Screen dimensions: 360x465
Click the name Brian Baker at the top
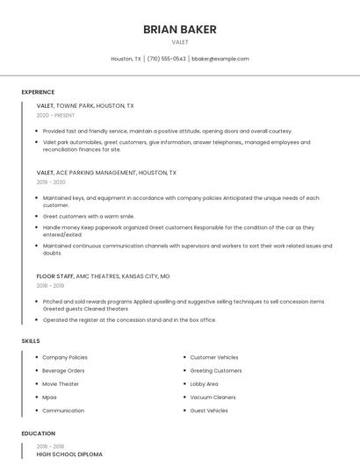(x=180, y=30)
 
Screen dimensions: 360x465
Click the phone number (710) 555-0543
(x=166, y=59)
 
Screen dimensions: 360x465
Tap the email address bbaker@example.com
(x=220, y=59)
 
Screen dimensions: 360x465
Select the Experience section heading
(x=38, y=92)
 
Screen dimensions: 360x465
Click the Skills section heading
(x=31, y=340)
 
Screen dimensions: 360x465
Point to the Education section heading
(x=39, y=433)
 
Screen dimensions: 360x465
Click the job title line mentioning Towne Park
(x=85, y=105)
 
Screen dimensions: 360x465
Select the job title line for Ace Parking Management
(x=106, y=173)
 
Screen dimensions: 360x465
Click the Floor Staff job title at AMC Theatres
(x=103, y=275)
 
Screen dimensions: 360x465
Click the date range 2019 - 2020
(x=51, y=182)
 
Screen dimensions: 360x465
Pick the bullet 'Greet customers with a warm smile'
(x=89, y=216)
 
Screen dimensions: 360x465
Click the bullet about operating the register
(x=129, y=320)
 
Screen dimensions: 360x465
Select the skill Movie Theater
(x=61, y=383)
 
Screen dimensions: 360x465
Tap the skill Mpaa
(x=49, y=397)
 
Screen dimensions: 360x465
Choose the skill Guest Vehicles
(x=209, y=411)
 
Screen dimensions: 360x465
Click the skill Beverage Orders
(x=63, y=370)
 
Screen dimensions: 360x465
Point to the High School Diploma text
(x=69, y=454)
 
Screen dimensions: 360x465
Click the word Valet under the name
(x=180, y=41)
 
